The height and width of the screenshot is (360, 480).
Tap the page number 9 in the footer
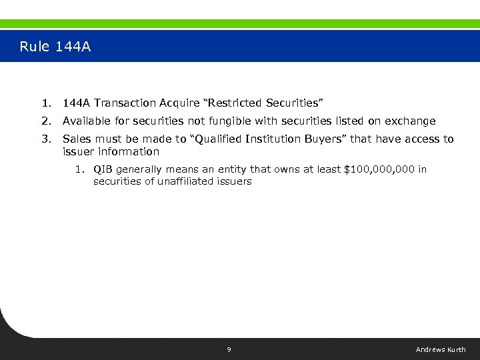coord(229,349)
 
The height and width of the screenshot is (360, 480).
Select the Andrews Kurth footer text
coord(441,349)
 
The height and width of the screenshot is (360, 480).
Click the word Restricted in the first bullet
coord(237,103)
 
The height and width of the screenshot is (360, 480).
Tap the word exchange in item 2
coord(411,121)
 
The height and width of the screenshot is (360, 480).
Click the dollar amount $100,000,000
coord(378,169)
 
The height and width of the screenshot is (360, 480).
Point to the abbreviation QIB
coord(103,169)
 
